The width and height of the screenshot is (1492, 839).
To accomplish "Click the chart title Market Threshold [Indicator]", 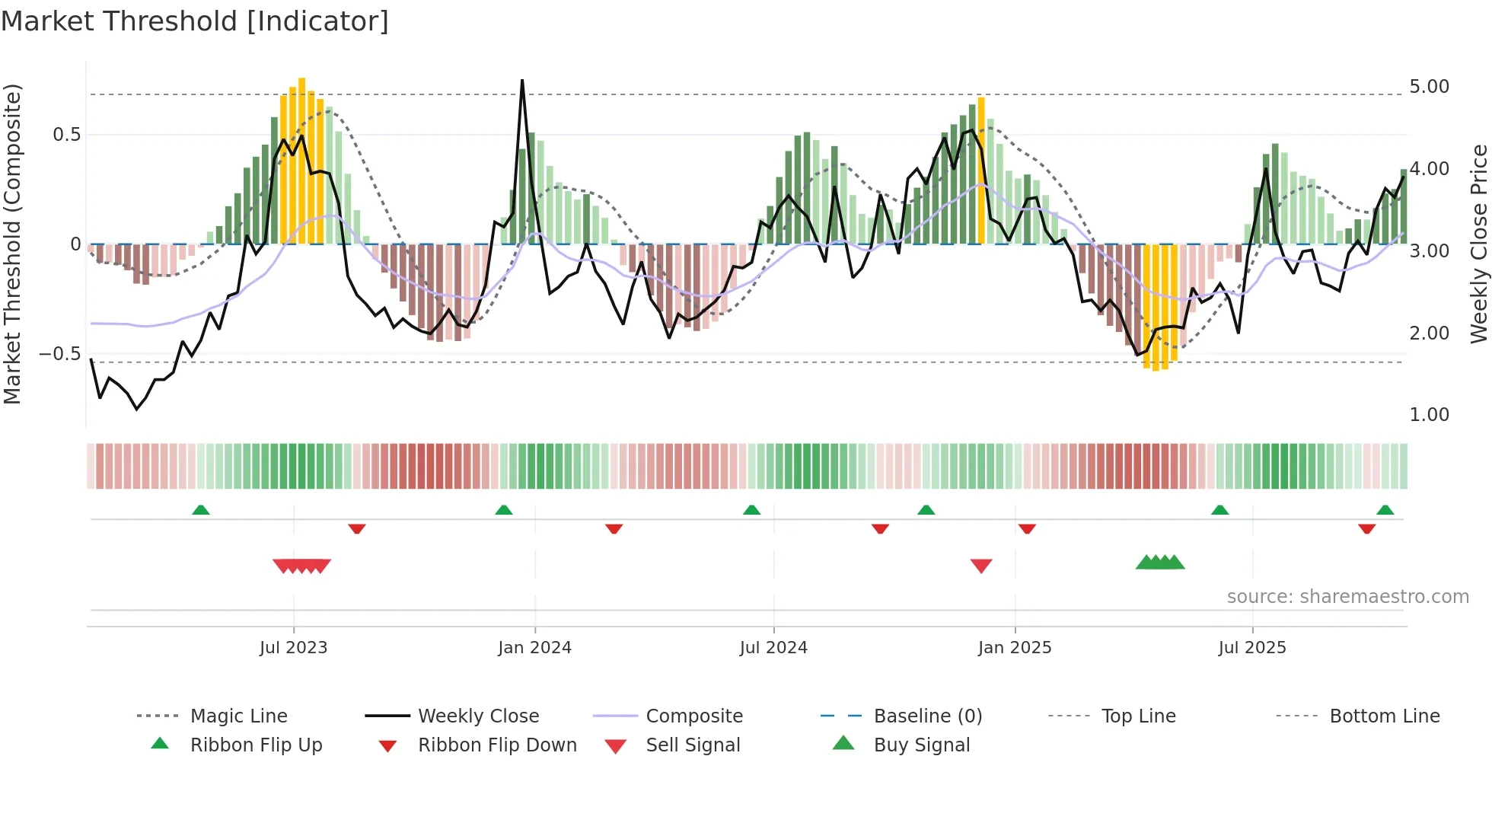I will pyautogui.click(x=195, y=21).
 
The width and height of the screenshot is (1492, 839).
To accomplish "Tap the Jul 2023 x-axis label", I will pyautogui.click(x=293, y=648).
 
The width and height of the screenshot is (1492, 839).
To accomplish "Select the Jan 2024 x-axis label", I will pyautogui.click(x=534, y=648).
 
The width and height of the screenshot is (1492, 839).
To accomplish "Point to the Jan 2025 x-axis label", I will pyautogui.click(x=1014, y=648).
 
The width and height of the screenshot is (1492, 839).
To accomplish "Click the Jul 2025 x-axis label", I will pyautogui.click(x=1251, y=648).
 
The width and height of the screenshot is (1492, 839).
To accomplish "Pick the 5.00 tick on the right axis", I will pyautogui.click(x=1429, y=87).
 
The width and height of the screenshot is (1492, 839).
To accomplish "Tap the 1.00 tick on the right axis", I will pyautogui.click(x=1429, y=415).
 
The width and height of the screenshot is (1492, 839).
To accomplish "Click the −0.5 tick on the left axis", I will pyautogui.click(x=59, y=354).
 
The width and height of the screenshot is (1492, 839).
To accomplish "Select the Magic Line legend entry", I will pyautogui.click(x=238, y=716).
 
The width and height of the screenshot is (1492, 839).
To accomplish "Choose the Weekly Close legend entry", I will pyautogui.click(x=478, y=716).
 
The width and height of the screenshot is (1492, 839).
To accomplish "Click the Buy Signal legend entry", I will pyautogui.click(x=921, y=745).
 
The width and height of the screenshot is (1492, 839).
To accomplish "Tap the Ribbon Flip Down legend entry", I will pyautogui.click(x=497, y=745).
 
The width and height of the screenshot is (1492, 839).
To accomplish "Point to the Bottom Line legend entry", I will pyautogui.click(x=1384, y=716).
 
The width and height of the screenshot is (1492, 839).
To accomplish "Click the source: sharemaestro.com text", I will pyautogui.click(x=1347, y=597).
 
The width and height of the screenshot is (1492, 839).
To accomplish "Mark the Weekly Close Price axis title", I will pyautogui.click(x=1478, y=244).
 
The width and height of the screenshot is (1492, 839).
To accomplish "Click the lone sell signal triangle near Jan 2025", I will pyautogui.click(x=981, y=566).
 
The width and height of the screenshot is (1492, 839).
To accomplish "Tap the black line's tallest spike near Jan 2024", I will pyautogui.click(x=522, y=81).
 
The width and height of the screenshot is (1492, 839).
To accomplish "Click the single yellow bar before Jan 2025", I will pyautogui.click(x=981, y=171).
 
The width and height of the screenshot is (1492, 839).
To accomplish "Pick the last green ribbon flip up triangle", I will pyautogui.click(x=1385, y=510).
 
